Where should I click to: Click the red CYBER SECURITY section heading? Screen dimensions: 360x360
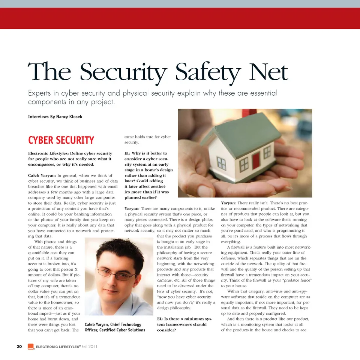click(x=61, y=140)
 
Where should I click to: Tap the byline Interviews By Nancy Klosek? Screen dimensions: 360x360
click(x=55, y=117)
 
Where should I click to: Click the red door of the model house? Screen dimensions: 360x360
click(x=256, y=160)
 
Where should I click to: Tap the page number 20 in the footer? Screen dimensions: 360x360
click(x=19, y=346)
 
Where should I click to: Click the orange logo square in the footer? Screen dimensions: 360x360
click(x=30, y=347)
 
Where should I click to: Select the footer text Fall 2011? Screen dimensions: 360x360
click(x=90, y=346)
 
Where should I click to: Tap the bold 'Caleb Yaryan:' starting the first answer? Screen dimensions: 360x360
click(x=42, y=175)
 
